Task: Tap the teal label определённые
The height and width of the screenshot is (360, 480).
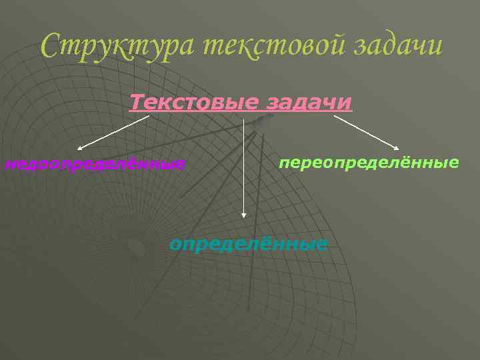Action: pos(249,243)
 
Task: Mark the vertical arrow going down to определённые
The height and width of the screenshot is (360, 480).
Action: pos(244,167)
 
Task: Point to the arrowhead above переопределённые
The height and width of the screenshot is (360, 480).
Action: pos(397,148)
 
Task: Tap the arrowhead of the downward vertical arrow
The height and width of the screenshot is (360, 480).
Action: pos(244,215)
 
